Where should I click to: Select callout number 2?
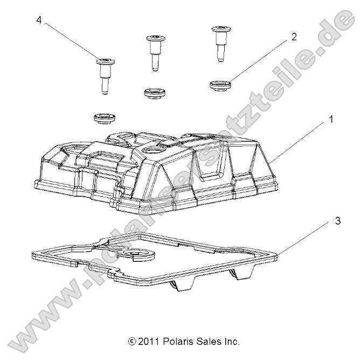(x=294, y=37)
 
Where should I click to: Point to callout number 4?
(x=39, y=20)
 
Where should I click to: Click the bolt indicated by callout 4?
(x=105, y=75)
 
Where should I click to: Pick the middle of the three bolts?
(x=154, y=51)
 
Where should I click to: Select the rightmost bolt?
(x=219, y=41)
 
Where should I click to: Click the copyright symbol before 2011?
(x=131, y=342)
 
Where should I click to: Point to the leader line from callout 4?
(x=70, y=40)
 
